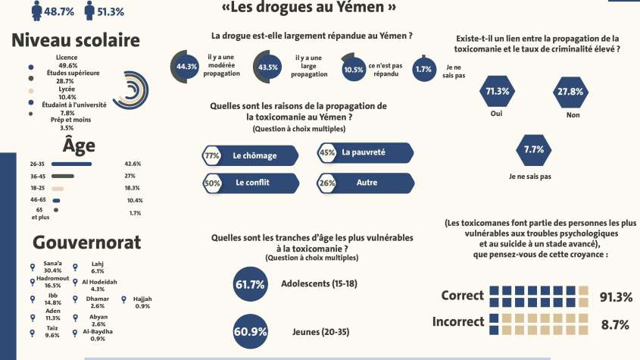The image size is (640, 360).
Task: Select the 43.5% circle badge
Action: coord(267,66)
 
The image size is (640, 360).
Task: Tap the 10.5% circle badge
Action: coord(353,68)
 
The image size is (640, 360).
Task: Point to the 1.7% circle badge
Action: coord(423,69)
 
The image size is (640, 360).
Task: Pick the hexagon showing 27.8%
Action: coord(570,91)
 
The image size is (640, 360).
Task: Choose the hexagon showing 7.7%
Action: coord(533,149)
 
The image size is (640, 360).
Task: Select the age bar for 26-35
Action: coord(71,164)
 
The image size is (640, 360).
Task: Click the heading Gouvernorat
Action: coord(86,243)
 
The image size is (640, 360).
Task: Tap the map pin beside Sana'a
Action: coord(32,267)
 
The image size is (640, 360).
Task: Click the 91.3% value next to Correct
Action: coord(615,296)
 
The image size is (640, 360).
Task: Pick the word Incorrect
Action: coord(458,321)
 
